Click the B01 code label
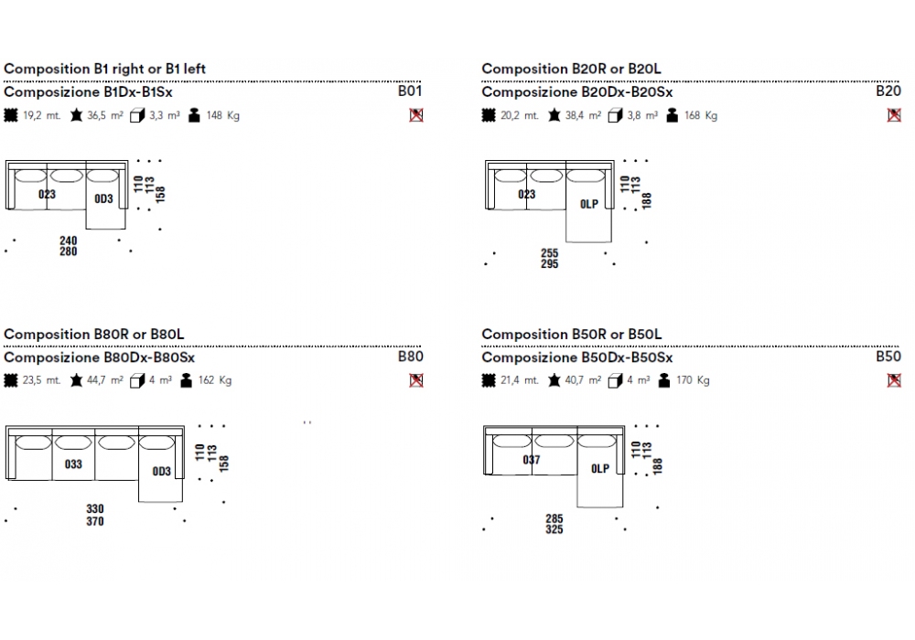409,91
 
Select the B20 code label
888,91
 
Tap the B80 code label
410,357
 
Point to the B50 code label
888,357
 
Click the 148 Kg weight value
222,116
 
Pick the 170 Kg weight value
693,381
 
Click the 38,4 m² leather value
583,116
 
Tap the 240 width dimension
69,240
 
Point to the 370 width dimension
95,521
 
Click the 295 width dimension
549,264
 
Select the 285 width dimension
554,518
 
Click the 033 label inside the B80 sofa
73,464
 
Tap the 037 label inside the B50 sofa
532,460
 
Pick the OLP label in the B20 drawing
588,204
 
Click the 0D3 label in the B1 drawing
103,198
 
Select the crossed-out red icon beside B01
416,115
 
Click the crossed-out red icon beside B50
894,380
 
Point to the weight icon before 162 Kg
188,381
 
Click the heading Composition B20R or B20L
571,69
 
